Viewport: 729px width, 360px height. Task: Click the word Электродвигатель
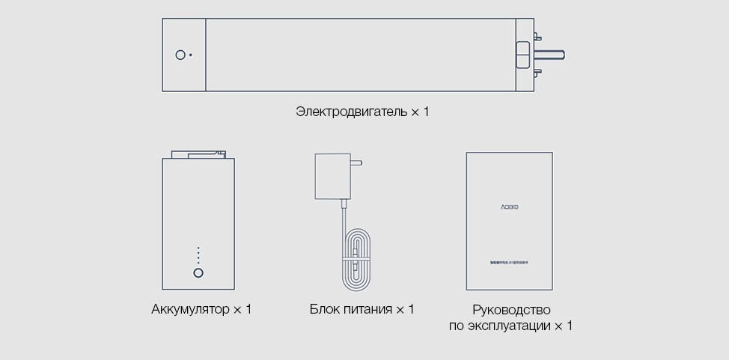(352, 112)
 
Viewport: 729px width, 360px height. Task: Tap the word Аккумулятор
(190, 309)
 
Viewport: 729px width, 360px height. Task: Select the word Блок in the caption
(326, 309)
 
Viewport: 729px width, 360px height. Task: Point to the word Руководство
(511, 309)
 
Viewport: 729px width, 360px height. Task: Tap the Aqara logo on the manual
(510, 205)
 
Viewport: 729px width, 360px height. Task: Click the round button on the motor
(180, 55)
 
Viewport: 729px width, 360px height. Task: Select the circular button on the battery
(198, 273)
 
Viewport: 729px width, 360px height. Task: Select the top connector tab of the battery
(198, 154)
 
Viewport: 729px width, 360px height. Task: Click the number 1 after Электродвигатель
(427, 112)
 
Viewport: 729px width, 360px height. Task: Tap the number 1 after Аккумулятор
(248, 309)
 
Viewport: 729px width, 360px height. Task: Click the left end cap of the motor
(183, 55)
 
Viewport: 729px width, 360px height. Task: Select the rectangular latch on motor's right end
(522, 55)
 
